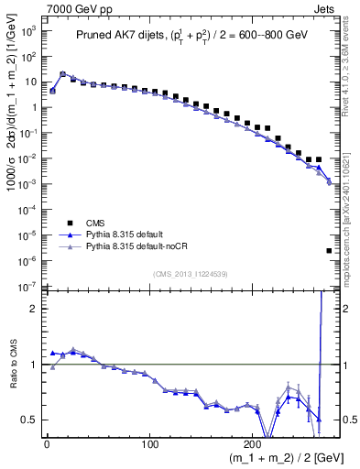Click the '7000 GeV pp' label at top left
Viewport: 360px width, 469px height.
pyautogui.click(x=34, y=7)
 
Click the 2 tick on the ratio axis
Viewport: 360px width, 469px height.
pyautogui.click(x=33, y=309)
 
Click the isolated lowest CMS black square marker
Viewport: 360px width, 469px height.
pyautogui.click(x=329, y=250)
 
